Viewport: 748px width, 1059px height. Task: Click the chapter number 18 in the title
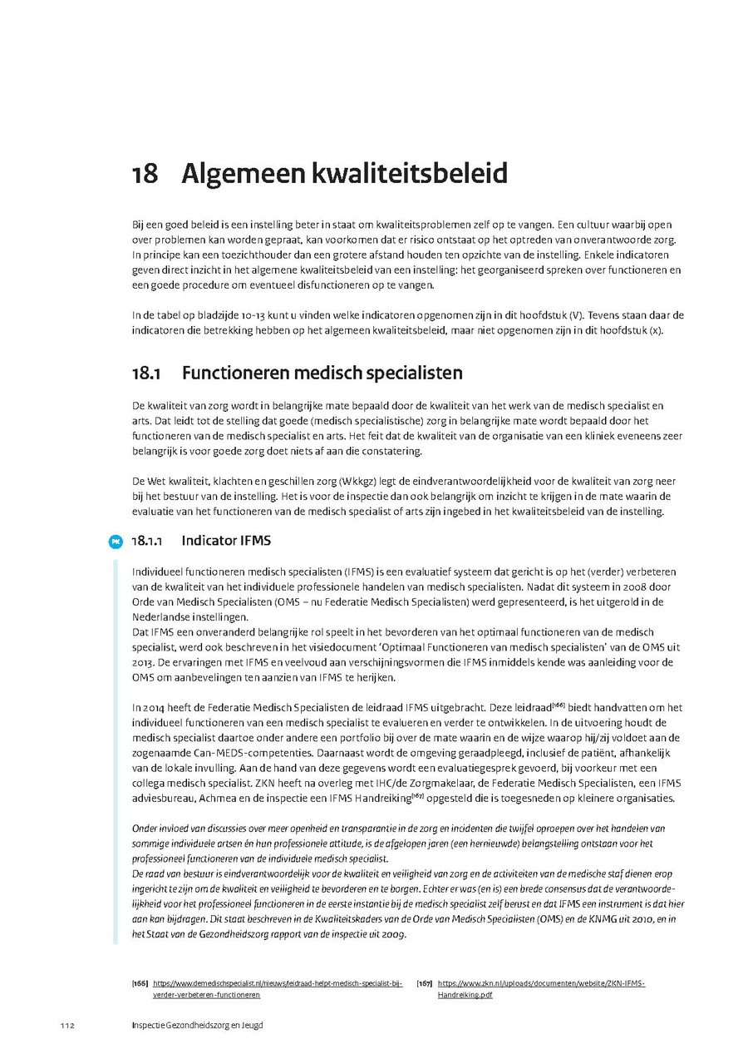point(145,175)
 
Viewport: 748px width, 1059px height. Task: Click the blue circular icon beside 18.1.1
point(116,542)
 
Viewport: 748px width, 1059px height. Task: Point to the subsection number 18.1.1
point(146,541)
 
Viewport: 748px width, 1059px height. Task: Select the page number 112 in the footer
point(67,1025)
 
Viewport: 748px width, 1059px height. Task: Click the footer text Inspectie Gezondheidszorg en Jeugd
point(197,1025)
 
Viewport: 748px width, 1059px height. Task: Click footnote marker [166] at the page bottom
point(140,983)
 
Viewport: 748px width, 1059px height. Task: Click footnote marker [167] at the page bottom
point(425,983)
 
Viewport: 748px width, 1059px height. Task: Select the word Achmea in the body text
point(209,798)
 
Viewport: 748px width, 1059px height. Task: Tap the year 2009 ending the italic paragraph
point(392,934)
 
